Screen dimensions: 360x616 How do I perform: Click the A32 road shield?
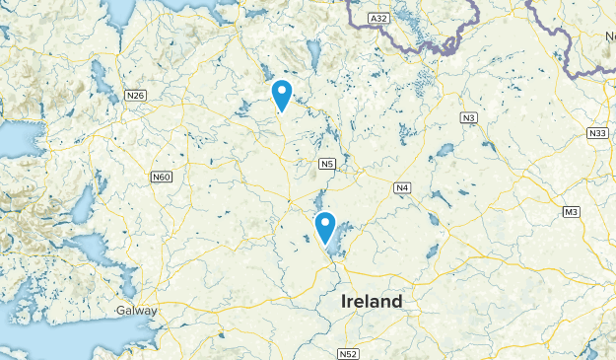pyautogui.click(x=378, y=18)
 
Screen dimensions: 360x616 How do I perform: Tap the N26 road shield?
pyautogui.click(x=136, y=96)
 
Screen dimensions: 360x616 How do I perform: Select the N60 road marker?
pyautogui.click(x=162, y=178)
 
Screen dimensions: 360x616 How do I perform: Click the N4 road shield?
pyautogui.click(x=402, y=187)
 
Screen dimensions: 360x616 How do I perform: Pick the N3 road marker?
pyautogui.click(x=469, y=118)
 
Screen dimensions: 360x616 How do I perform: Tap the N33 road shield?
pyautogui.click(x=596, y=133)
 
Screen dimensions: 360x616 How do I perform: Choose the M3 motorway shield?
pyautogui.click(x=572, y=212)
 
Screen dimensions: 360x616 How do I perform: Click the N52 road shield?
pyautogui.click(x=347, y=353)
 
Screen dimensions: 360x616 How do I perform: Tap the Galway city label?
pyautogui.click(x=136, y=310)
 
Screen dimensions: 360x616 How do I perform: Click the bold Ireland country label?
pyautogui.click(x=371, y=301)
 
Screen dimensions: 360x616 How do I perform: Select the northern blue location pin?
pyautogui.click(x=282, y=95)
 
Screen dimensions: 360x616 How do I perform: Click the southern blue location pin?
pyautogui.click(x=324, y=227)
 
